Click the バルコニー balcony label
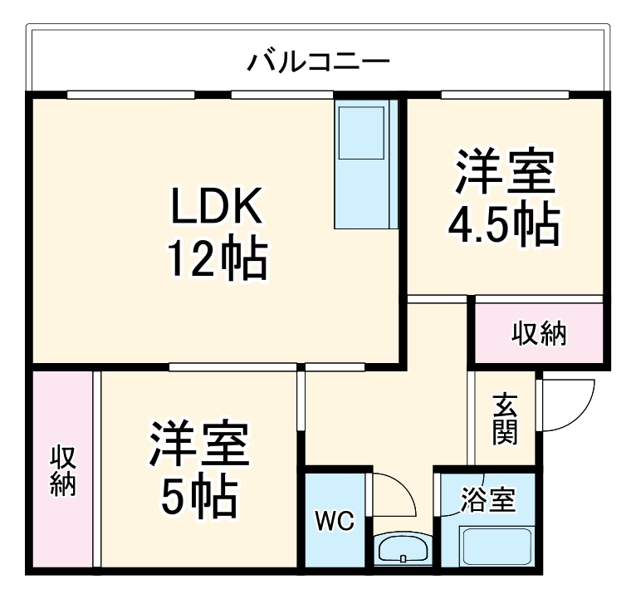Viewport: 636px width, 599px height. pyautogui.click(x=320, y=61)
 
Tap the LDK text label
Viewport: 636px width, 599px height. pyautogui.click(x=217, y=207)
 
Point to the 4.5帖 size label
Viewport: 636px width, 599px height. pyautogui.click(x=503, y=222)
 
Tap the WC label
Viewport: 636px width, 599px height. pyautogui.click(x=334, y=522)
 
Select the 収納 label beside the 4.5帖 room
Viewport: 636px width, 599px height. pyautogui.click(x=538, y=333)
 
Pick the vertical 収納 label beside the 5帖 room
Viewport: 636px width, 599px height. pyautogui.click(x=63, y=471)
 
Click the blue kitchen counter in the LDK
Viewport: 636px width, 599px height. pyautogui.click(x=365, y=164)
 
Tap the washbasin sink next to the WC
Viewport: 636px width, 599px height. pyautogui.click(x=402, y=548)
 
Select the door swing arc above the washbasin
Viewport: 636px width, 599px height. pyautogui.click(x=394, y=496)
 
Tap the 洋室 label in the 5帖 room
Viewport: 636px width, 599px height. pyautogui.click(x=198, y=446)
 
